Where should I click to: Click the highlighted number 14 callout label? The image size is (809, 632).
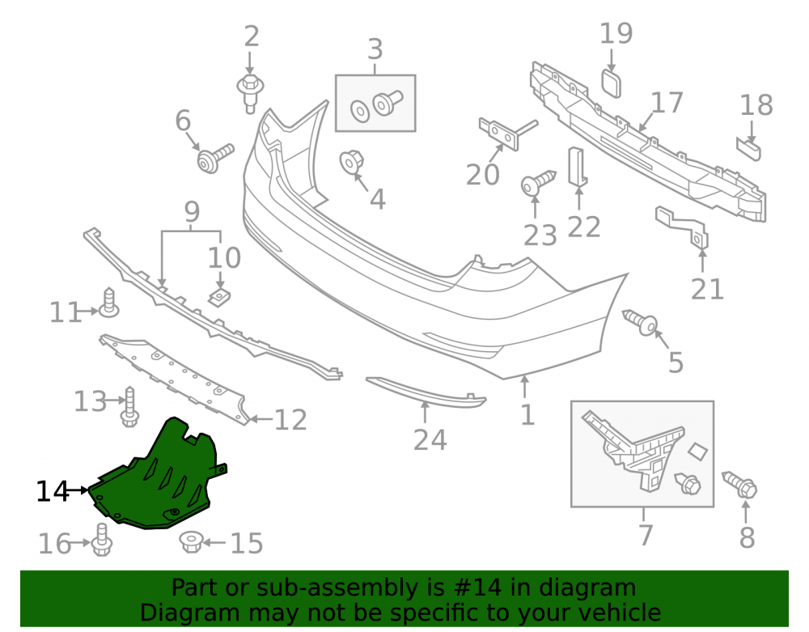click(x=52, y=491)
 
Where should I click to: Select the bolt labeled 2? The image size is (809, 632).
click(x=250, y=93)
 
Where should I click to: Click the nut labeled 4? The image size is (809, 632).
click(x=351, y=163)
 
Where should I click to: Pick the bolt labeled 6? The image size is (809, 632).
click(x=215, y=158)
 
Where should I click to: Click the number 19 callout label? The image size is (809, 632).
click(x=616, y=33)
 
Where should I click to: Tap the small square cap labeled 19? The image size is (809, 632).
click(x=612, y=84)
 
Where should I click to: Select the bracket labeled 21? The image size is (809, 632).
click(x=681, y=226)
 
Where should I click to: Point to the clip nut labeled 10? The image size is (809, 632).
click(x=219, y=298)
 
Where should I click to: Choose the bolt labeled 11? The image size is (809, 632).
click(x=109, y=303)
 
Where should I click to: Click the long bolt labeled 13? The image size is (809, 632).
click(x=129, y=407)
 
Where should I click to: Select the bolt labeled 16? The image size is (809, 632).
click(x=102, y=540)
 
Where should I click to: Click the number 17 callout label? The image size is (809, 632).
click(x=667, y=103)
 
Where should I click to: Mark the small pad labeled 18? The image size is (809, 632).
click(x=748, y=149)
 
